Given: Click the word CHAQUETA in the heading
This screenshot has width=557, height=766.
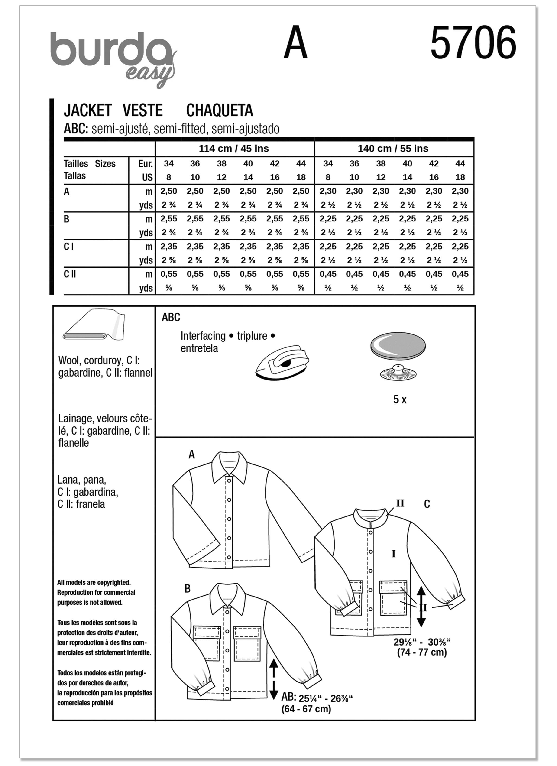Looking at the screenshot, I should pos(220,110).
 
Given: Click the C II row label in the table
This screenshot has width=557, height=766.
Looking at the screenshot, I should pos(70,274).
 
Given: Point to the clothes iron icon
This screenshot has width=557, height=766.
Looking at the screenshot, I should pos(282,363).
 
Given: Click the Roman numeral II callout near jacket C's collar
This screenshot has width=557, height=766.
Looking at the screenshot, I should pos(400,503).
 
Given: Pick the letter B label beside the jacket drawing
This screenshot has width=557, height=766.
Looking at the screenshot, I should pos(188,589).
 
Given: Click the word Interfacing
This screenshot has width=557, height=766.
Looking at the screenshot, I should pos(203,336).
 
